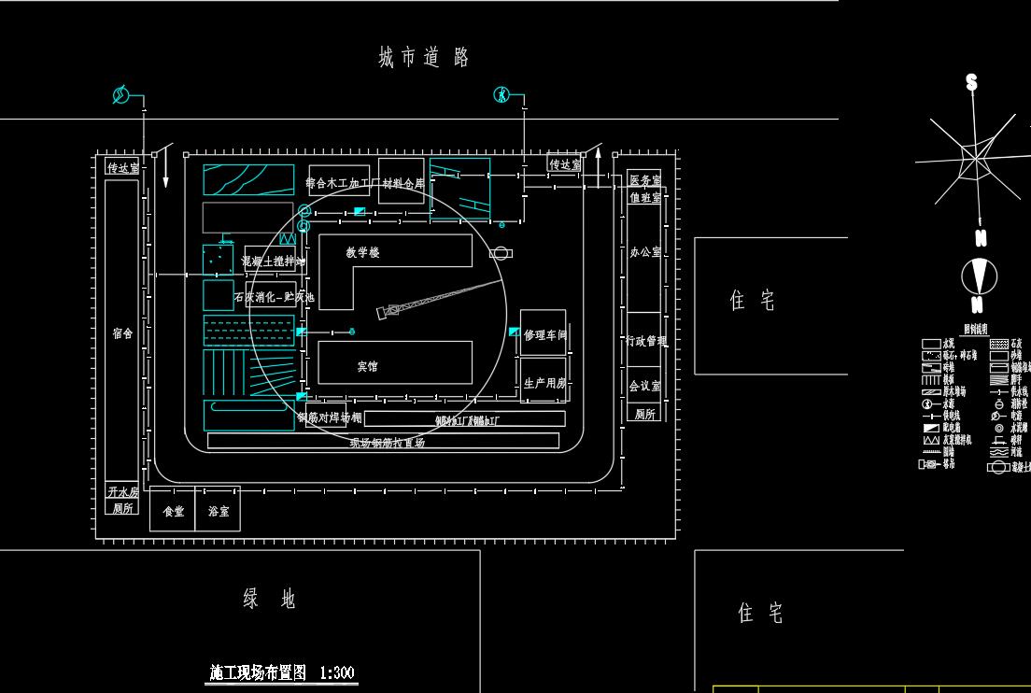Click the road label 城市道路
(x=423, y=58)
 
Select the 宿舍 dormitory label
(x=122, y=333)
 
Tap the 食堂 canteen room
(x=173, y=512)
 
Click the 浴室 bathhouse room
(x=219, y=512)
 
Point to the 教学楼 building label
(x=362, y=252)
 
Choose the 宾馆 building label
(x=367, y=366)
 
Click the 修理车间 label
(x=545, y=334)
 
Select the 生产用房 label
(x=544, y=383)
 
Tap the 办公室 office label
(x=644, y=252)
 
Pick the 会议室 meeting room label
(x=644, y=386)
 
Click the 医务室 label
(x=644, y=181)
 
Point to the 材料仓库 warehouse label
(x=403, y=183)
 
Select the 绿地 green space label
(x=269, y=600)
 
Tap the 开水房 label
(x=122, y=492)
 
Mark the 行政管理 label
(x=645, y=342)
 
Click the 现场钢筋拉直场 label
(x=387, y=443)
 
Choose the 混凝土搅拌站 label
(x=273, y=262)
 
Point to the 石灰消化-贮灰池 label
(x=274, y=298)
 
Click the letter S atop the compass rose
(x=972, y=83)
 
